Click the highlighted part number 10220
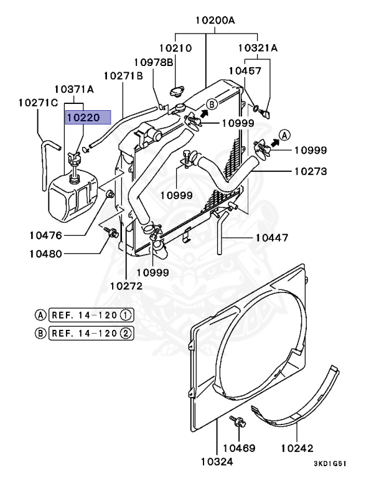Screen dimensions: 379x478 83,118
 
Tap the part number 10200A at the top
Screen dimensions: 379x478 215,21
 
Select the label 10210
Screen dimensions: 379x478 175,48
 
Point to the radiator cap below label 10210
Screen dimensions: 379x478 177,91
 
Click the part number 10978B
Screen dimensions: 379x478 154,62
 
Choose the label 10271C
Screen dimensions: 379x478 38,103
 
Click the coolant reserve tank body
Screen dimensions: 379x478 73,196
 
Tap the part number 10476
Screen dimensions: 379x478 45,235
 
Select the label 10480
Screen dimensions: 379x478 45,254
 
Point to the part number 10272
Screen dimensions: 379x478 126,286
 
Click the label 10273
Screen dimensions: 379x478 311,171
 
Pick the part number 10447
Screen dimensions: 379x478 272,238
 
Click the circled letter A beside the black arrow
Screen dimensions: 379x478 284,134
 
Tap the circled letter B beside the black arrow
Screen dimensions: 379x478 212,105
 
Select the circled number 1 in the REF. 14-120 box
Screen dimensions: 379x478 126,315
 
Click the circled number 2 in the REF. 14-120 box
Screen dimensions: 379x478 126,333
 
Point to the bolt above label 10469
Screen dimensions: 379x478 238,421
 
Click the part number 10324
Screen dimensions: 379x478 217,462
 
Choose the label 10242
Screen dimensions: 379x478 297,448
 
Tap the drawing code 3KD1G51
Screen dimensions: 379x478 330,464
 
